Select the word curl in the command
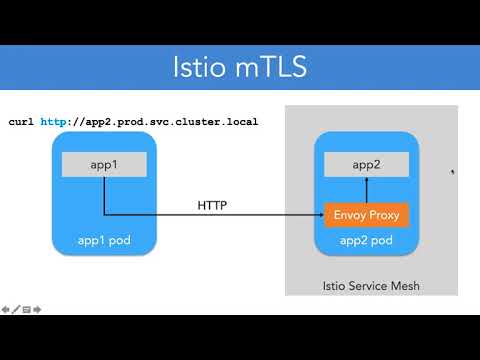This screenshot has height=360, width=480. click(21, 122)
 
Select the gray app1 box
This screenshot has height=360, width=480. click(105, 164)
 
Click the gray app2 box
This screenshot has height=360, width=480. click(366, 164)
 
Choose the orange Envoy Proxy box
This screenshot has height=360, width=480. click(366, 214)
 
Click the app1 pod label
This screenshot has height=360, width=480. click(105, 241)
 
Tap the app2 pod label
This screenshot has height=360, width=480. click(366, 241)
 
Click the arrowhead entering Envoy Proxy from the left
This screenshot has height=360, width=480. click(319, 214)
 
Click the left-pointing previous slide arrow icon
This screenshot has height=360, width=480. click(6, 309)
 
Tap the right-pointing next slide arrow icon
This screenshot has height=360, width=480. click(37, 309)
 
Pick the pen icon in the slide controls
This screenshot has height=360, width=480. click(16, 309)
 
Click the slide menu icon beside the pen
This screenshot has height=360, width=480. click(27, 309)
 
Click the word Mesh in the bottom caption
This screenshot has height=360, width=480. click(404, 287)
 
